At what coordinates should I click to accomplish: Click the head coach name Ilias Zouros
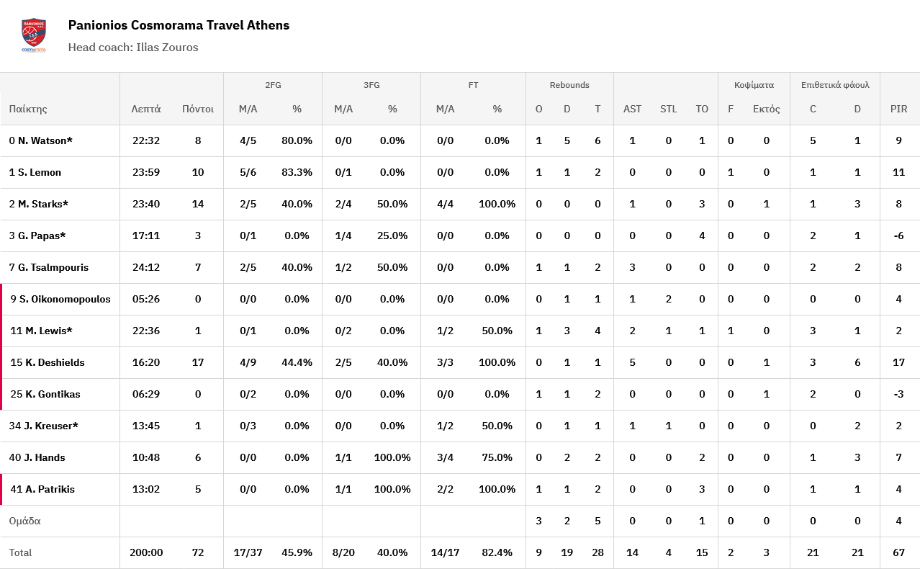click(167, 48)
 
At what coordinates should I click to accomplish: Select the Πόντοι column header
click(198, 109)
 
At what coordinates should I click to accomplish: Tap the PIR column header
click(898, 109)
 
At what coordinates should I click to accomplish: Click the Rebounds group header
click(569, 85)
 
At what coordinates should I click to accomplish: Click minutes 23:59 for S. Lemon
click(146, 173)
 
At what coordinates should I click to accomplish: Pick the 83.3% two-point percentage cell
click(297, 173)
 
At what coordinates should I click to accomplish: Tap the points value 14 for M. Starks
click(198, 205)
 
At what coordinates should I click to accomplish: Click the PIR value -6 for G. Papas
click(898, 236)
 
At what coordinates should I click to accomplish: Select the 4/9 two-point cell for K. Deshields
click(248, 363)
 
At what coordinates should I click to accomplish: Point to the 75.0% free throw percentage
click(497, 458)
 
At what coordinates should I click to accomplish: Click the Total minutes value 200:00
click(146, 553)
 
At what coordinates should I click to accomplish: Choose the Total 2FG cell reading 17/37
click(248, 553)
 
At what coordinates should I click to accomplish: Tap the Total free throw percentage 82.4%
click(497, 553)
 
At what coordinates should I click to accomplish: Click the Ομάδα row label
click(24, 521)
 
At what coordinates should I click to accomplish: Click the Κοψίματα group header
click(754, 85)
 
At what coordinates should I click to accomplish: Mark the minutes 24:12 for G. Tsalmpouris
click(146, 268)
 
